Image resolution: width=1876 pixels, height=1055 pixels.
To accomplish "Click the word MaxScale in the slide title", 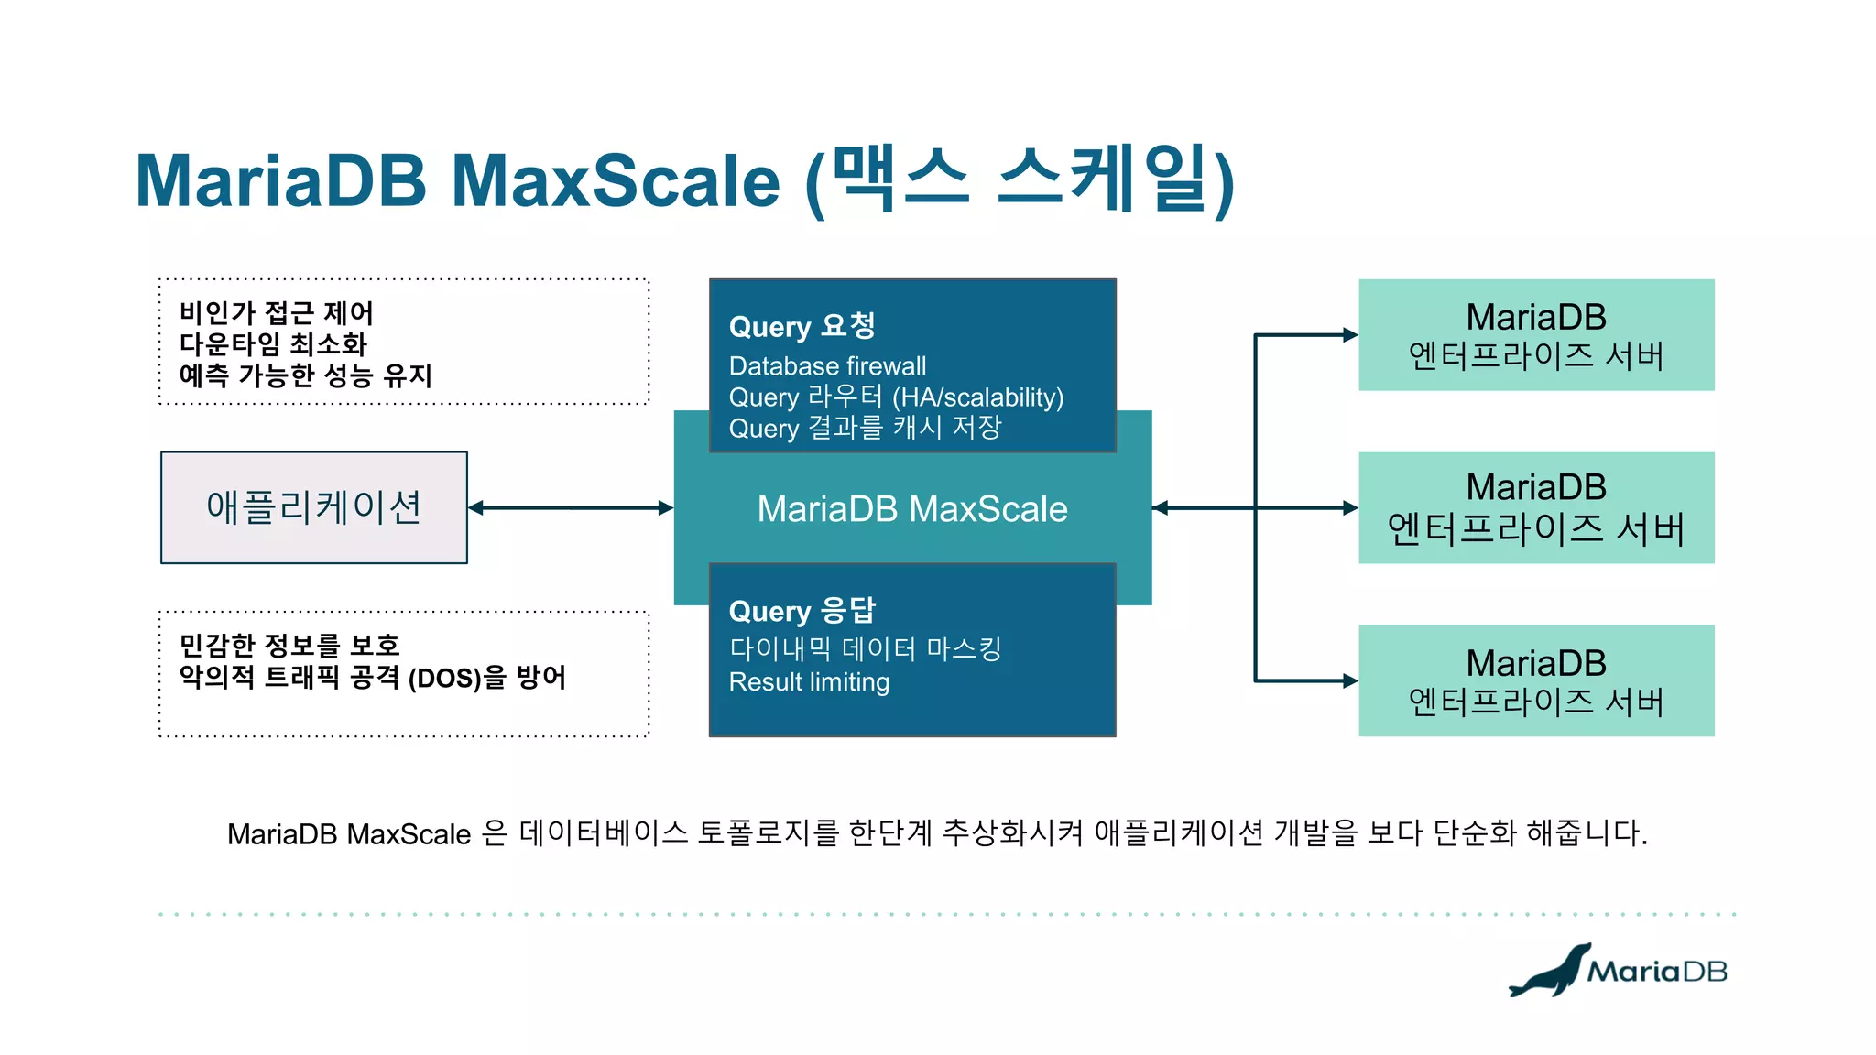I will click(x=615, y=181).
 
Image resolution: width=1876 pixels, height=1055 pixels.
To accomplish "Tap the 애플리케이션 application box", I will click(x=314, y=507).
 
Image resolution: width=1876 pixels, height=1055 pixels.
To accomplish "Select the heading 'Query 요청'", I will click(x=802, y=326).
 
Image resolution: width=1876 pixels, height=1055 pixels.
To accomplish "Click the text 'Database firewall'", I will click(x=827, y=366).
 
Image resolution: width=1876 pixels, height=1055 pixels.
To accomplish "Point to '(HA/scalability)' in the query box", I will click(x=977, y=397).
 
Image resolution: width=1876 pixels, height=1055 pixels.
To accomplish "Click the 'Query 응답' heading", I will click(x=802, y=611).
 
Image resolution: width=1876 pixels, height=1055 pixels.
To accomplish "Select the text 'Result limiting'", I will click(x=809, y=682).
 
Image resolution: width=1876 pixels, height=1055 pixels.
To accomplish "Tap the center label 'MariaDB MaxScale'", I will click(x=912, y=509).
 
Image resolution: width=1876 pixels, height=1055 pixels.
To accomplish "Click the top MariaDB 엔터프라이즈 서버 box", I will click(x=1536, y=335).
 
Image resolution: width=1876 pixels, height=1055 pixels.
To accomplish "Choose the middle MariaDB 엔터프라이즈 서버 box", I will click(x=1536, y=507).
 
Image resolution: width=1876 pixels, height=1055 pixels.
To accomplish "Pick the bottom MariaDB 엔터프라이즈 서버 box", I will click(x=1536, y=680).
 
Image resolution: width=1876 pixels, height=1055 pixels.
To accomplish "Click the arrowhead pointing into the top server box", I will click(x=1350, y=335).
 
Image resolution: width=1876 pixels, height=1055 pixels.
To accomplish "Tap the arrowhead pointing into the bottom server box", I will click(x=1350, y=680).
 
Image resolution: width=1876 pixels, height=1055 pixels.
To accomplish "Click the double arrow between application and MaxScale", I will click(x=571, y=507).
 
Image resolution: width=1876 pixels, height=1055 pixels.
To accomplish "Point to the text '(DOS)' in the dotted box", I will click(x=444, y=679).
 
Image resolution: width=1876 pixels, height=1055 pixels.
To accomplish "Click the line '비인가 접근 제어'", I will click(x=276, y=313).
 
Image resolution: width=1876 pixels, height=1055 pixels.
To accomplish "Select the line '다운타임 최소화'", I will click(x=273, y=344).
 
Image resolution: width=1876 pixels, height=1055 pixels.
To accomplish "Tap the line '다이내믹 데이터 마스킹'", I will click(x=865, y=649).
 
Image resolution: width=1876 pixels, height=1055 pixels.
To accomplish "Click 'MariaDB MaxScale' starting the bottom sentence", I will click(x=349, y=834).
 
